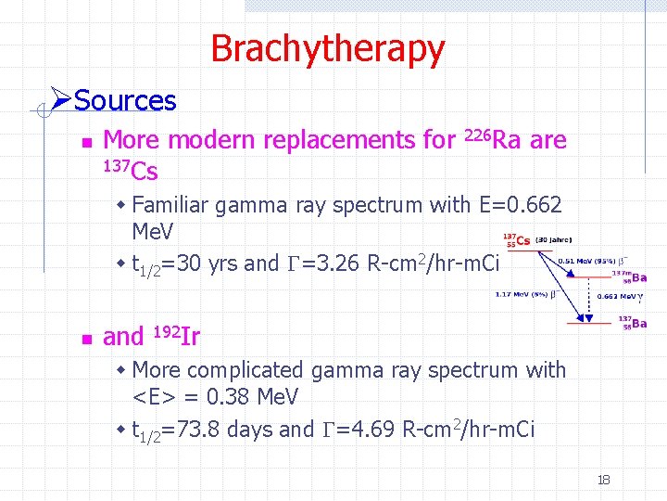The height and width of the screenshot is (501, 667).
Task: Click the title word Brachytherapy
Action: tap(327, 48)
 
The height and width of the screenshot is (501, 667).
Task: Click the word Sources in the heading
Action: tap(125, 101)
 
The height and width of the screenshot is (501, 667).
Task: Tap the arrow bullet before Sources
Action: tap(60, 99)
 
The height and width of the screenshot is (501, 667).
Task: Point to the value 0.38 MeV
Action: tap(250, 397)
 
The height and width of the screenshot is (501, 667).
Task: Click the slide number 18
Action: tap(603, 480)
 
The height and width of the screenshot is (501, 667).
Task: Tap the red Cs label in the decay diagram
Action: tap(523, 240)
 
